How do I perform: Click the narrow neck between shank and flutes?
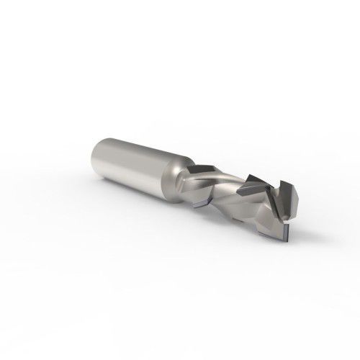pos(183,181)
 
